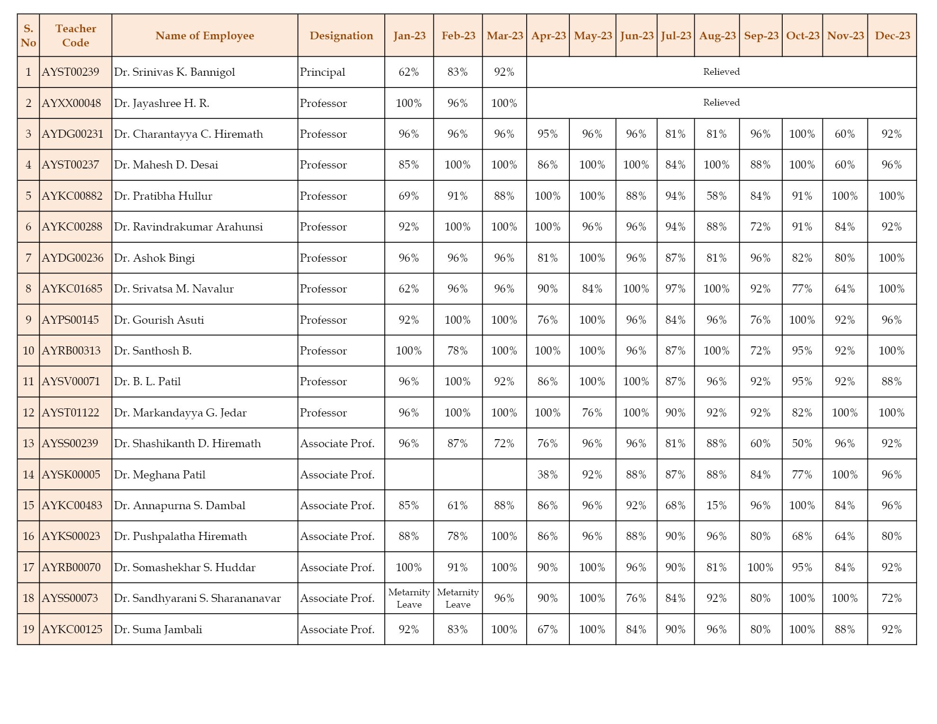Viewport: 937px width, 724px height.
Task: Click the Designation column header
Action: (x=341, y=35)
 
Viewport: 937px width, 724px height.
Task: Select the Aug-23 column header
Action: (x=717, y=35)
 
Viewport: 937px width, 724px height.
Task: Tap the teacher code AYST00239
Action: (x=71, y=72)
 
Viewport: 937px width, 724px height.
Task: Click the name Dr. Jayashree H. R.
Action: (x=161, y=103)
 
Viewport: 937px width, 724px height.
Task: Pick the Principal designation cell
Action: (x=322, y=72)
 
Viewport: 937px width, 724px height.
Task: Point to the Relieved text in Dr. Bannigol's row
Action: (x=721, y=72)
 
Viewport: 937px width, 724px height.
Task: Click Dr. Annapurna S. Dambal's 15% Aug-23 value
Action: (x=716, y=505)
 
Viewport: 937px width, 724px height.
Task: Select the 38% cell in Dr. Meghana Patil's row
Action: (x=547, y=475)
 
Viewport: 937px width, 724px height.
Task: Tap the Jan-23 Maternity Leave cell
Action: (x=409, y=598)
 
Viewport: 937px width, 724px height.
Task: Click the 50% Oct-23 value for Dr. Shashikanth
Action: (x=802, y=443)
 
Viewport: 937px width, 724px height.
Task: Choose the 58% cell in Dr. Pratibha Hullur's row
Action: (x=716, y=196)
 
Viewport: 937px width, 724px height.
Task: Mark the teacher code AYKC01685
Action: (x=72, y=289)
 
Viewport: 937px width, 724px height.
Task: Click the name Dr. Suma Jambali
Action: (x=158, y=629)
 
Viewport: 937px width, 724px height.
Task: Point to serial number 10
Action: (x=28, y=351)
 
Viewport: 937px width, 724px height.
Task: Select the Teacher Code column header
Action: (x=76, y=35)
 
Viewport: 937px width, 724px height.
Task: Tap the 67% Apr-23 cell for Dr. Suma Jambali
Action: (x=547, y=629)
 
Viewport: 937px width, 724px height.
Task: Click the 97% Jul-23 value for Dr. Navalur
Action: (x=675, y=289)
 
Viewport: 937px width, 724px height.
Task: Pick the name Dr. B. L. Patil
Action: (x=147, y=381)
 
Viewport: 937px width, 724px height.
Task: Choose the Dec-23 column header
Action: (x=892, y=35)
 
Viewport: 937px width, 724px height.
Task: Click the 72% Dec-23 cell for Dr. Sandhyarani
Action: (x=891, y=598)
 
